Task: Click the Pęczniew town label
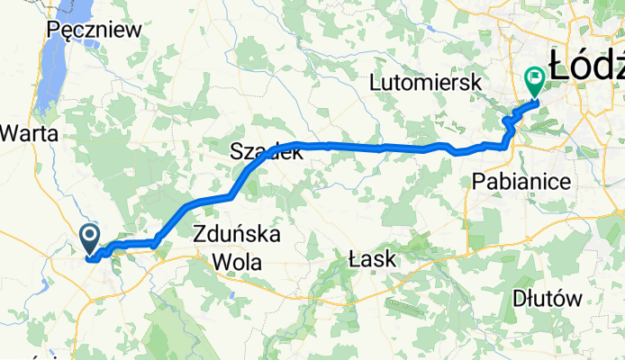point(94,30)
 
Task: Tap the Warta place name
point(29,134)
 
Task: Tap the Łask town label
point(372,260)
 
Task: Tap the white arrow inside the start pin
point(91,237)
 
